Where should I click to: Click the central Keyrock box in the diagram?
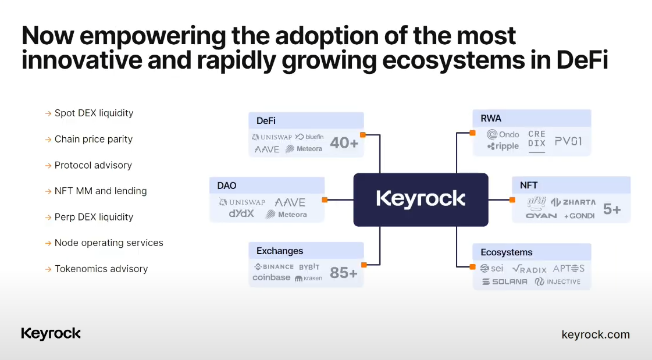coord(421,199)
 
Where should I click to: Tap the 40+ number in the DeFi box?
coord(344,142)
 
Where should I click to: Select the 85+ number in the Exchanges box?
coord(343,272)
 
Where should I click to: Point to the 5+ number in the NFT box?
coord(612,209)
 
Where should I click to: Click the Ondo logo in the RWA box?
coord(503,134)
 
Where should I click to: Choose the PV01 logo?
coord(568,141)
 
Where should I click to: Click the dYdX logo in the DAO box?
coord(241,214)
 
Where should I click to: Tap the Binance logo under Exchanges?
coord(274,267)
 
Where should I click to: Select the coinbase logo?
coord(271,278)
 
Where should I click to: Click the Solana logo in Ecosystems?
coord(504,281)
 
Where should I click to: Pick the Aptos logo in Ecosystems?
coord(568,268)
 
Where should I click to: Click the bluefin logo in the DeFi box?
coord(309,137)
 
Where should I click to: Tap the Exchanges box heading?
coord(280,251)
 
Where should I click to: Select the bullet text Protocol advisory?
coord(93,165)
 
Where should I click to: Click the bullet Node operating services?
coord(109,243)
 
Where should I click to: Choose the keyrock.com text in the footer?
coord(596,334)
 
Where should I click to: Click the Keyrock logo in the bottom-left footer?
coord(51,333)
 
